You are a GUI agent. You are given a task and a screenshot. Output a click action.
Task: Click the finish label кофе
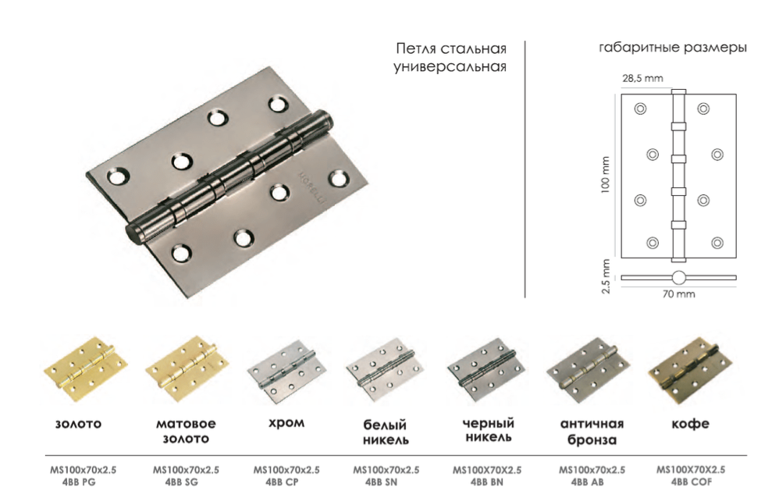[690, 424]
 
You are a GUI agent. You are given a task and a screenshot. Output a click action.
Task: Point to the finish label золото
[79, 425]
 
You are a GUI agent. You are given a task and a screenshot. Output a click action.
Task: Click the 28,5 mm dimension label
[642, 77]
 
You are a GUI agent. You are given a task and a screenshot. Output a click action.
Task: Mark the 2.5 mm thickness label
[606, 276]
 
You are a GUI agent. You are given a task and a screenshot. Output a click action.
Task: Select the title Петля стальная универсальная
[450, 58]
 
